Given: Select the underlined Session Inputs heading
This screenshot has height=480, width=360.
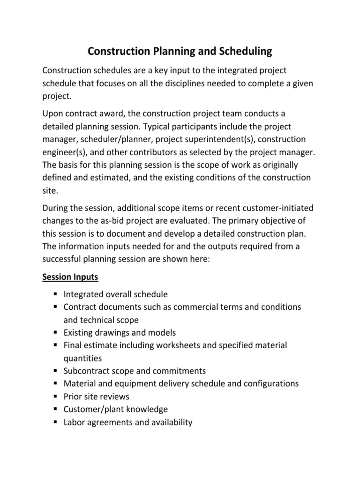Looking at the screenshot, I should pyautogui.click(x=70, y=277).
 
